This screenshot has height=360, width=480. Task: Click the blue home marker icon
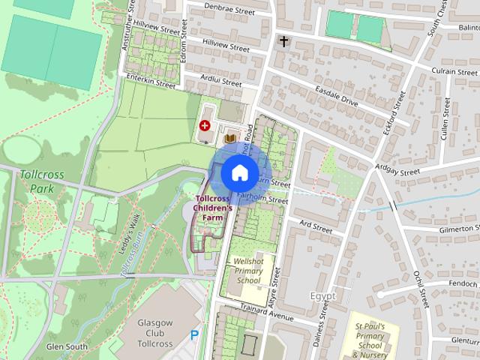[x=238, y=172]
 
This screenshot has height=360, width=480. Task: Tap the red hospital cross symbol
[x=205, y=126]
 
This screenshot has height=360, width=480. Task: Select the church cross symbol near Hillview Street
[x=284, y=41]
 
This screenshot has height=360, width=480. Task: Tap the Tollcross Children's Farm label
[x=208, y=208]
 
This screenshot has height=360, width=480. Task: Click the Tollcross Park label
[x=42, y=181]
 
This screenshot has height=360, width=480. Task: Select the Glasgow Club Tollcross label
[x=145, y=333]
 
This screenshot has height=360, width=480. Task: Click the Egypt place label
[x=322, y=296]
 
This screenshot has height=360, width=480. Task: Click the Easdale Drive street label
[x=337, y=97]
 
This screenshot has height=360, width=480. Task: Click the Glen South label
[x=67, y=346]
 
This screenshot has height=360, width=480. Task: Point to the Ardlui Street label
[x=221, y=79]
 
